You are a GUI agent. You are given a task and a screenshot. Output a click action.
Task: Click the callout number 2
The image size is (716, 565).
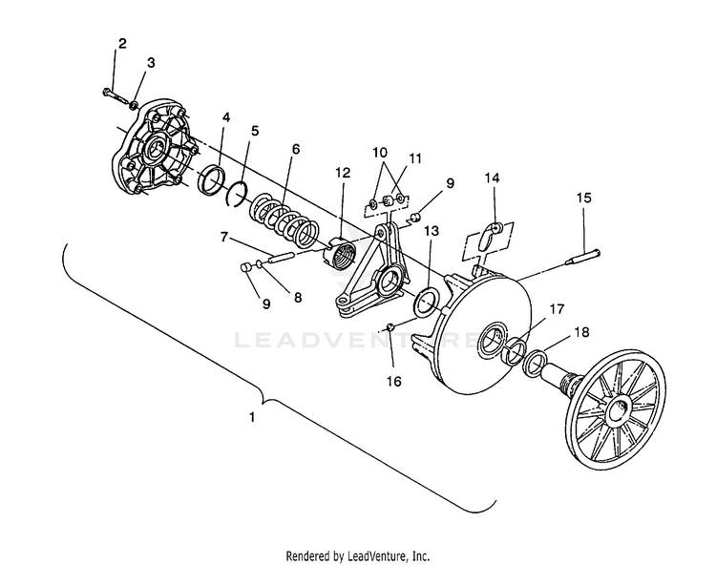(122, 44)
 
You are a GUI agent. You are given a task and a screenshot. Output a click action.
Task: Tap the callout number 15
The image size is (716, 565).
(583, 198)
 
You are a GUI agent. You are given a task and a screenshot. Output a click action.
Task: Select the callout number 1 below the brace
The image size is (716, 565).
(252, 417)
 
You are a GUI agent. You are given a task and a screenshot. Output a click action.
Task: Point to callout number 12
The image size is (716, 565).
(343, 173)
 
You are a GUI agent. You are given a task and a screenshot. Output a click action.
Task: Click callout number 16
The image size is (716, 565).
(394, 381)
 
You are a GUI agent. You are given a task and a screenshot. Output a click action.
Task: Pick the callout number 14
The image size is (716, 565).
(493, 178)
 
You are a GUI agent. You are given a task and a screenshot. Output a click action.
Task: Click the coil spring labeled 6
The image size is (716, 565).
(284, 219)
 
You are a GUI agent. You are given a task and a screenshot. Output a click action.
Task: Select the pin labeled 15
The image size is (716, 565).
(583, 257)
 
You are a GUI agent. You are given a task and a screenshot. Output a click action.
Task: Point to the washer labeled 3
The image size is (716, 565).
(134, 105)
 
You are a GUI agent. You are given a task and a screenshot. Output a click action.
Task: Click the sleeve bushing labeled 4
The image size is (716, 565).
(211, 180)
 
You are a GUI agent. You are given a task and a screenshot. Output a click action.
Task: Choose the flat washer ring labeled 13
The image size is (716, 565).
(427, 302)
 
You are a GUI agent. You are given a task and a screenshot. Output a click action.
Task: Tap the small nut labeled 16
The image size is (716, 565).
(390, 326)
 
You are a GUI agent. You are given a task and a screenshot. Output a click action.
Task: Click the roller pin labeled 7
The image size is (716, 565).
(277, 257)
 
